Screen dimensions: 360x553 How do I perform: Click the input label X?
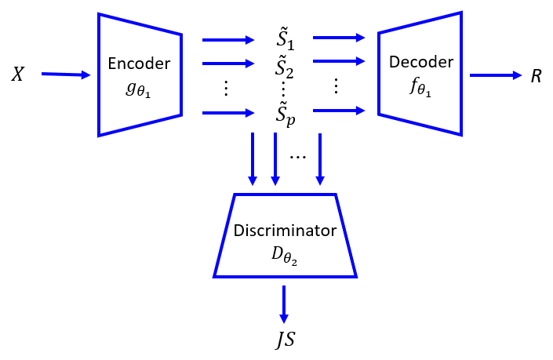click(x=18, y=75)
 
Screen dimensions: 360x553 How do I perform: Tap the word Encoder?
click(x=140, y=64)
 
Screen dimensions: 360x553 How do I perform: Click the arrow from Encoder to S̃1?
click(x=228, y=38)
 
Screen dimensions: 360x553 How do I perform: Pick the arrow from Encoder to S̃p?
click(x=228, y=114)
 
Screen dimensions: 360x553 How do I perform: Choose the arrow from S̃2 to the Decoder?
click(x=339, y=61)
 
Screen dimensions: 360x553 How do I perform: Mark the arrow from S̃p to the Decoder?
click(x=339, y=111)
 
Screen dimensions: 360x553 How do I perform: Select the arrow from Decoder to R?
click(x=495, y=75)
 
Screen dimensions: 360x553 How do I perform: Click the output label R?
click(x=536, y=76)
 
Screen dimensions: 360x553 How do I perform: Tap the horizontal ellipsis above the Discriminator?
click(x=297, y=156)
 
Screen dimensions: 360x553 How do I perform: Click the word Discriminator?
click(x=285, y=231)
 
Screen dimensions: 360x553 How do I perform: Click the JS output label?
click(x=284, y=340)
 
